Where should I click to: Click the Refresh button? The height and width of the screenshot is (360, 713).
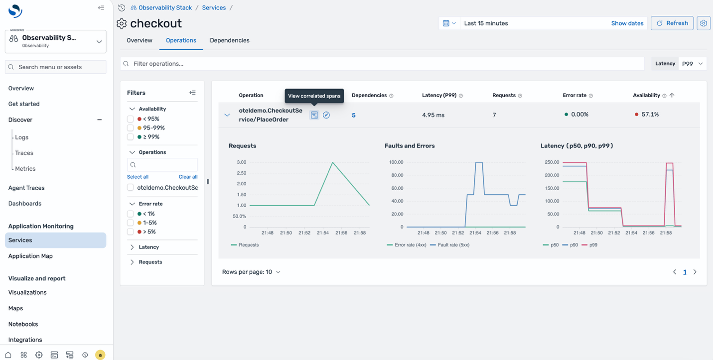coord(672,23)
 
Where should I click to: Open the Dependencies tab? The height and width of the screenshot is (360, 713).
coord(229,40)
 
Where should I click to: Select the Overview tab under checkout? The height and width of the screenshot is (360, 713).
coord(140,40)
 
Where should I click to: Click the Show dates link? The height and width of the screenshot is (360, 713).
coord(627,23)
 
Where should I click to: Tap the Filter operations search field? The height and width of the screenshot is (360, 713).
coord(382,64)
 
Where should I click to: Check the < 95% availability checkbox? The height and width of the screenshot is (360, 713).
coord(131,119)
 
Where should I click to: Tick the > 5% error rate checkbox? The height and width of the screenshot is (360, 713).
coord(131,232)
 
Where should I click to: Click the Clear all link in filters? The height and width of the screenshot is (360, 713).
coord(188,177)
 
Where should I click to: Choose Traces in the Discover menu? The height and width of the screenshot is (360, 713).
coord(24,153)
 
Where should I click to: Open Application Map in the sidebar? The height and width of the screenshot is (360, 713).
coord(30,256)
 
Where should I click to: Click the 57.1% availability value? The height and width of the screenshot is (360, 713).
coord(650,115)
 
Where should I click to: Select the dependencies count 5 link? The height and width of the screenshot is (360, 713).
coord(354,115)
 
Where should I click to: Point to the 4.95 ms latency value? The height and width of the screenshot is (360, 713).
coord(433,115)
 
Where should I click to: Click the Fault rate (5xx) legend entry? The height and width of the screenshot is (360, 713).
coord(449,245)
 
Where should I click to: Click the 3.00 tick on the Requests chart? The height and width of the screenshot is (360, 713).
coord(241,162)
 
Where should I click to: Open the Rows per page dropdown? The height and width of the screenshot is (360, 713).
coord(251,272)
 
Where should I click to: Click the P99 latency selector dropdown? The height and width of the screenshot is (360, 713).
coord(693,64)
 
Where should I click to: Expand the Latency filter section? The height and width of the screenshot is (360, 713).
coord(148,247)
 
